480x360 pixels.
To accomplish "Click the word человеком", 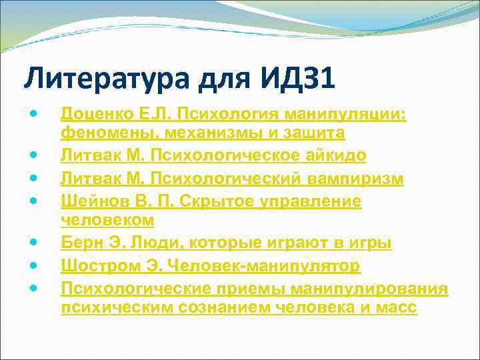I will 107,219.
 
